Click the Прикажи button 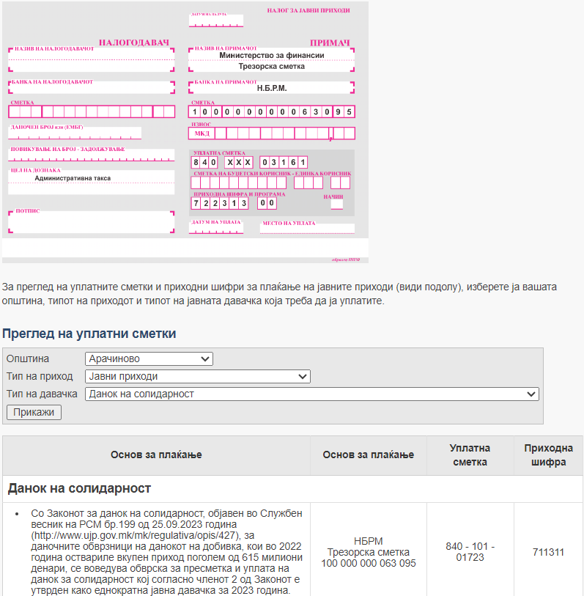[34, 412]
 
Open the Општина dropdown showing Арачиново [149, 359]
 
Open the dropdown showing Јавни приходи [198, 377]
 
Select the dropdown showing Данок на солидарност [312, 394]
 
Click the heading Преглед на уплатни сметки [89, 334]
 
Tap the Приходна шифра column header [548, 455]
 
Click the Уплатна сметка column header [470, 455]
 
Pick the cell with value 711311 [548, 552]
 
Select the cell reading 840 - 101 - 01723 [470, 552]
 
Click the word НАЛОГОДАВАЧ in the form [134, 43]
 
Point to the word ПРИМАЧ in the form [330, 43]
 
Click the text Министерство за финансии [271, 55]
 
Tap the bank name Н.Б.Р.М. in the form [272, 88]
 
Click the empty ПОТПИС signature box [92, 222]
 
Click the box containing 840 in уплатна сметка [204, 162]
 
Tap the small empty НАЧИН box [336, 205]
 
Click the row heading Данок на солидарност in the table [79, 488]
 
